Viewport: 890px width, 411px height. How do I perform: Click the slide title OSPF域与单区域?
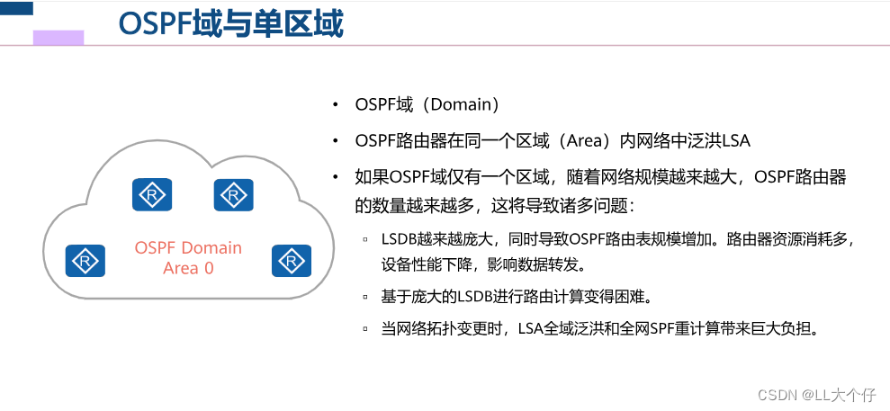pyautogui.click(x=230, y=24)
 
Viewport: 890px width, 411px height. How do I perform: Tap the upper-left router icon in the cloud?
pyautogui.click(x=152, y=194)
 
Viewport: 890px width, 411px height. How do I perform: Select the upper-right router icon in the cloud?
pyautogui.click(x=233, y=194)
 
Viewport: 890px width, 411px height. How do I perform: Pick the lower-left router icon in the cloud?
pyautogui.click(x=85, y=260)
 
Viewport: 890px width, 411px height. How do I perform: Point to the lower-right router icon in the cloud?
pyautogui.click(x=291, y=260)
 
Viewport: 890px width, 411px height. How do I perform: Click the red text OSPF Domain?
pyautogui.click(x=188, y=248)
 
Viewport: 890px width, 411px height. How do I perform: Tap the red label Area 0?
pyautogui.click(x=188, y=268)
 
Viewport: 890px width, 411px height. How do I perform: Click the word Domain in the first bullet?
pyautogui.click(x=460, y=104)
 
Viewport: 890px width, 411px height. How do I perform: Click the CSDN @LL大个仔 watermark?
pyautogui.click(x=816, y=394)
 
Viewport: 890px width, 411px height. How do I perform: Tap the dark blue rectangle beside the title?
pyautogui.click(x=17, y=8)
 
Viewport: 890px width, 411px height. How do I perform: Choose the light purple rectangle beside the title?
pyautogui.click(x=58, y=38)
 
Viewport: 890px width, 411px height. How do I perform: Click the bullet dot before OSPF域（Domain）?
pyautogui.click(x=336, y=104)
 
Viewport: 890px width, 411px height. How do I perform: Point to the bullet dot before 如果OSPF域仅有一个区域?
pyautogui.click(x=336, y=177)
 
